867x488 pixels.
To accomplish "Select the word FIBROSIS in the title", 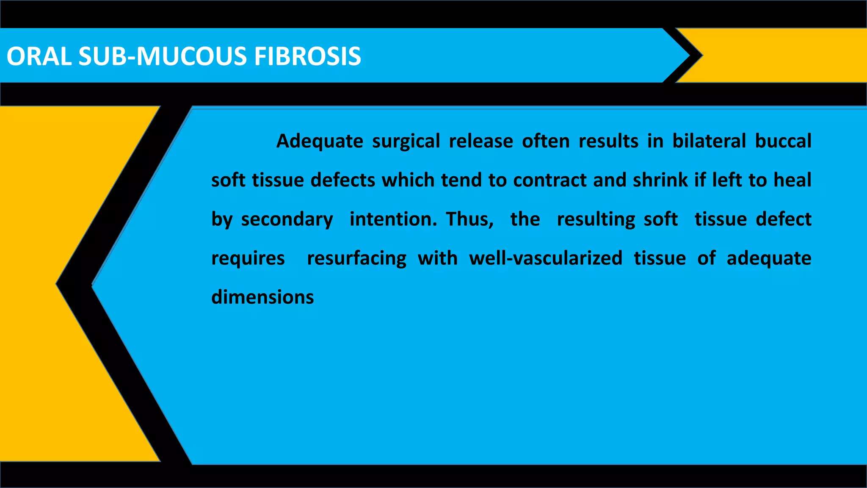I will tap(307, 56).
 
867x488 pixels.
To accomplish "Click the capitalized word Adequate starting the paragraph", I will tap(320, 141).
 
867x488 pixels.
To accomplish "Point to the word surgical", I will tap(406, 141).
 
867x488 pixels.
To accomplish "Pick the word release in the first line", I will tap(481, 141).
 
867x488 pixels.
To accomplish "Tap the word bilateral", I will tap(709, 141).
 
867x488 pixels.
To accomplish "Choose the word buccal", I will tap(783, 141).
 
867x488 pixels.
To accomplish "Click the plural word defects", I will tap(343, 180).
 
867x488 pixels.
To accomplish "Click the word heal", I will tap(792, 180).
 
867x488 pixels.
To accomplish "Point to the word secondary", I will tap(287, 219).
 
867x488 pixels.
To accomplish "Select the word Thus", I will tap(469, 219).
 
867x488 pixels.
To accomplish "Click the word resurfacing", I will tap(356, 258).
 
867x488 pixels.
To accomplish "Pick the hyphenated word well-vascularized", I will tap(546, 258).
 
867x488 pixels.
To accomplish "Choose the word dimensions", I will tap(262, 297).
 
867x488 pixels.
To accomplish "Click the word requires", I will tap(248, 258).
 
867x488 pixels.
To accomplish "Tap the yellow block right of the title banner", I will tap(783, 55).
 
